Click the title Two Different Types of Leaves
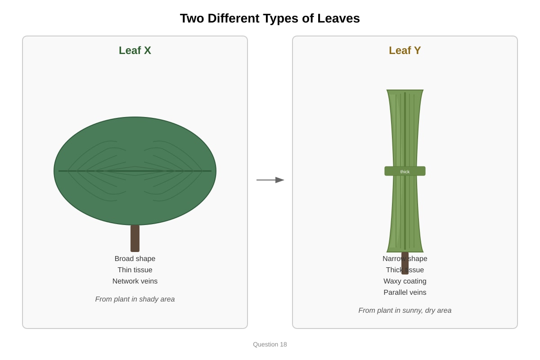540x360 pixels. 270,18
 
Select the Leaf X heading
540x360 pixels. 135,50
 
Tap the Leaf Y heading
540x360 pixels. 405,50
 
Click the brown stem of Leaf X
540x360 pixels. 135,238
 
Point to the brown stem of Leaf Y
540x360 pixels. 405,263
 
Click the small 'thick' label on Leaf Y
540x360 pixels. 405,172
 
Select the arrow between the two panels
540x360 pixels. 270,180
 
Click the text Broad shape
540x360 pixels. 135,259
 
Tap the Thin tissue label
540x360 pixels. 135,270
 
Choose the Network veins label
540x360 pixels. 135,281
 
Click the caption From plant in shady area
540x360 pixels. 135,299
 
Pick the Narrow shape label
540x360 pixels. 405,259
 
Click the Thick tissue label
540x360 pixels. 405,270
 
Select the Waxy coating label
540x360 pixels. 405,281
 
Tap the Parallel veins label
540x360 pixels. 405,292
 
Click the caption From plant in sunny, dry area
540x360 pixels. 405,310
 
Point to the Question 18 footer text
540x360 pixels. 270,344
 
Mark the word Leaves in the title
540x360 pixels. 338,18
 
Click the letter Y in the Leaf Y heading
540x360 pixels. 417,50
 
